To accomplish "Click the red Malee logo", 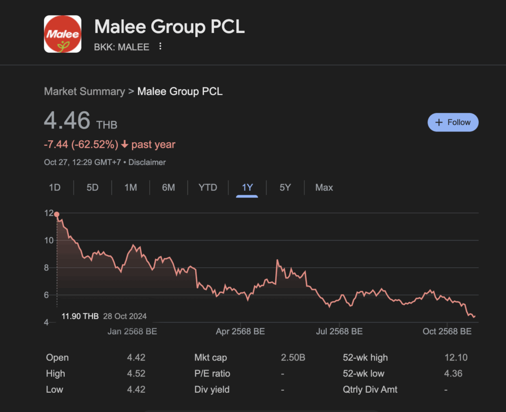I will pyautogui.click(x=62, y=34).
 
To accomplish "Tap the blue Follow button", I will pyautogui.click(x=453, y=123).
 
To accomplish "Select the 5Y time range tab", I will pyautogui.click(x=285, y=188).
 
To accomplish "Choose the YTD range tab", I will pyautogui.click(x=208, y=188).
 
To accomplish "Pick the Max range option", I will pyautogui.click(x=324, y=188).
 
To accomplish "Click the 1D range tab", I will pyautogui.click(x=54, y=188).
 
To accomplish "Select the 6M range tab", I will pyautogui.click(x=169, y=188).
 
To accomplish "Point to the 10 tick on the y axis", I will pyautogui.click(x=48, y=240).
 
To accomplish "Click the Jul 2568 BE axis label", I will pyautogui.click(x=339, y=331).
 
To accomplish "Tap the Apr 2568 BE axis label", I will pyautogui.click(x=240, y=331).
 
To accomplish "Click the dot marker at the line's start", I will pyautogui.click(x=57, y=214).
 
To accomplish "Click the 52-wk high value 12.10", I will pyautogui.click(x=456, y=358).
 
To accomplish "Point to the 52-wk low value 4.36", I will pyautogui.click(x=453, y=373).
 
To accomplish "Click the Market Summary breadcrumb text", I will pyautogui.click(x=84, y=91).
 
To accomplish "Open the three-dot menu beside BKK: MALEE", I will pyautogui.click(x=160, y=47).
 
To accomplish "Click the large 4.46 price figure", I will pyautogui.click(x=67, y=121).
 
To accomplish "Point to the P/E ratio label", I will pyautogui.click(x=212, y=373).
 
